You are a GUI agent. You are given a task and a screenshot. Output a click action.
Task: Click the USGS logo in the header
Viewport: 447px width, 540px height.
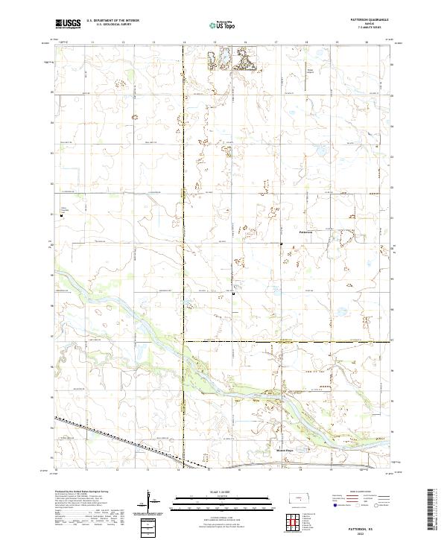tap(68, 25)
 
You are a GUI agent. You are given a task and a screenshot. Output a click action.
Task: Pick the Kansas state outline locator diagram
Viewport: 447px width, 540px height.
tap(302, 499)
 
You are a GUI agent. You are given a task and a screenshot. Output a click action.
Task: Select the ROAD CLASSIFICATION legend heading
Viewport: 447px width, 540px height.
tap(361, 491)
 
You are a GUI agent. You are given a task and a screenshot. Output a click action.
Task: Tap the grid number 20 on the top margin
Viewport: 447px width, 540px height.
tap(367, 43)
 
